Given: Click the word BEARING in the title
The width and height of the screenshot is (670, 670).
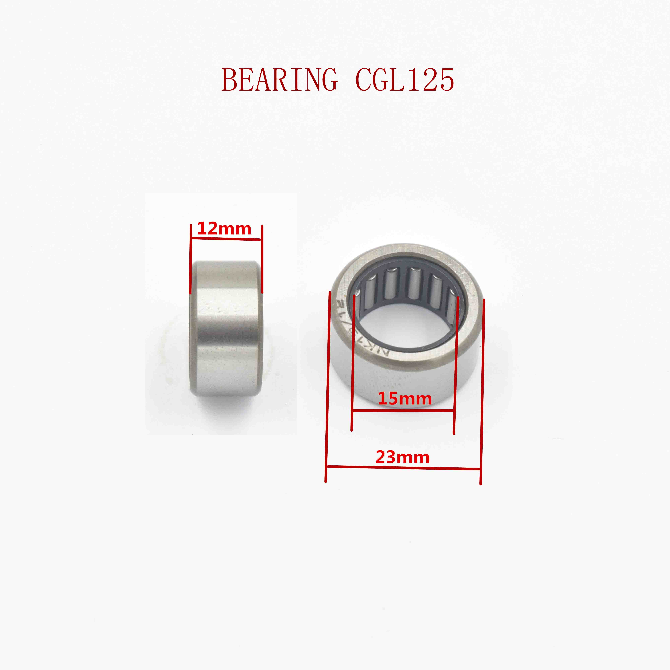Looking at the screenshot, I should tap(279, 80).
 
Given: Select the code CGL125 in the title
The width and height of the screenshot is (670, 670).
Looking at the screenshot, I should tap(405, 80).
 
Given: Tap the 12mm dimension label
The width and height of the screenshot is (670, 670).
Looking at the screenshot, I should tap(224, 229).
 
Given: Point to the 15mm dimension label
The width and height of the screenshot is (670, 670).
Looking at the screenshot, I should tap(404, 399).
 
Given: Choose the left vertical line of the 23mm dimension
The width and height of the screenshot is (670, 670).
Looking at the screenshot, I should tap(327, 387).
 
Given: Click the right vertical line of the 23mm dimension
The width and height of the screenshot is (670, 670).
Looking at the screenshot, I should tap(482, 392).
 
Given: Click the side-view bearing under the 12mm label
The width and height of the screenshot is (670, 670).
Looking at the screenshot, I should tap(226, 328).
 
